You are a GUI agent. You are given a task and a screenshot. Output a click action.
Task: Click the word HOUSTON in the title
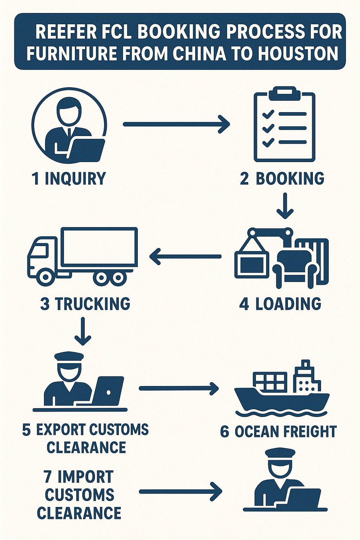point(298,53)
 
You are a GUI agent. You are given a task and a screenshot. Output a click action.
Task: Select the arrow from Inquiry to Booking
point(176,124)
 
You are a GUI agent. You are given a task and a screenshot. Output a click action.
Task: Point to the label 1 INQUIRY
point(69,179)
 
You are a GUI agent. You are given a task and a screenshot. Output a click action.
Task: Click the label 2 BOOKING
point(282,179)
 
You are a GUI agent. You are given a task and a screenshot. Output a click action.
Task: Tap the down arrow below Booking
point(285,206)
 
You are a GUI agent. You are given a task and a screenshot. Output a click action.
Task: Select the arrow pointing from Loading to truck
point(185,256)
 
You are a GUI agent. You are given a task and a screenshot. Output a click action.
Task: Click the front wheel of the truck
point(45,277)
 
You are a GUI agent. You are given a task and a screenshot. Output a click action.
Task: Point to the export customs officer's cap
point(69,356)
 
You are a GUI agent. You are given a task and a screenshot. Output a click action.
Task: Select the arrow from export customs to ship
point(179,388)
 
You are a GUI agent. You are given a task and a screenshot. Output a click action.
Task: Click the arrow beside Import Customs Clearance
point(181,491)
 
